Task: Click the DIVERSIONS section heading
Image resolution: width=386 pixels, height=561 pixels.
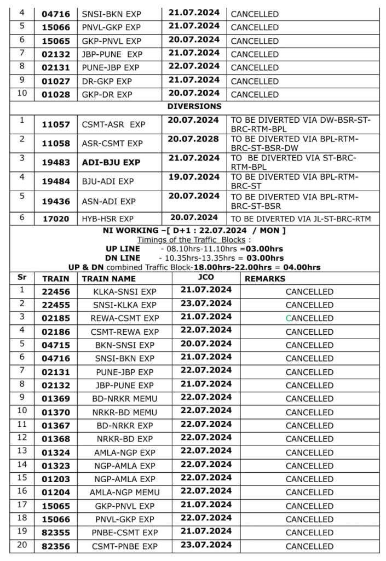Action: pyautogui.click(x=194, y=106)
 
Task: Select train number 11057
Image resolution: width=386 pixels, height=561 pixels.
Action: pyautogui.click(x=56, y=124)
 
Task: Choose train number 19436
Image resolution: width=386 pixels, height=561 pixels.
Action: pyautogui.click(x=56, y=201)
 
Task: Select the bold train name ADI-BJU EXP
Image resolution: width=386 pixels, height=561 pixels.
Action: pyautogui.click(x=111, y=163)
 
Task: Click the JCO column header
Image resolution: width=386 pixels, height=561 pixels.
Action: pyautogui.click(x=205, y=278)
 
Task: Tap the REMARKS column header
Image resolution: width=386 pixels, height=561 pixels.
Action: pyautogui.click(x=265, y=279)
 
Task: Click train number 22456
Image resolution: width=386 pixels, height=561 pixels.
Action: pyautogui.click(x=56, y=292)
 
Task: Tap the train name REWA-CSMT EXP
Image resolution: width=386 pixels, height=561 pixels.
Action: pyautogui.click(x=125, y=318)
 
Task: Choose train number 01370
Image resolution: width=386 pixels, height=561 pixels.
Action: pyautogui.click(x=56, y=412)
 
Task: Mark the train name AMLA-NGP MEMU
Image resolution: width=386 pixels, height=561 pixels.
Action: pyautogui.click(x=125, y=493)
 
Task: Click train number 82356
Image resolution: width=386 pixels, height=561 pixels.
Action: pyautogui.click(x=56, y=546)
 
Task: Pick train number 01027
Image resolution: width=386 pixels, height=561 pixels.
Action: pyautogui.click(x=56, y=81)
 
